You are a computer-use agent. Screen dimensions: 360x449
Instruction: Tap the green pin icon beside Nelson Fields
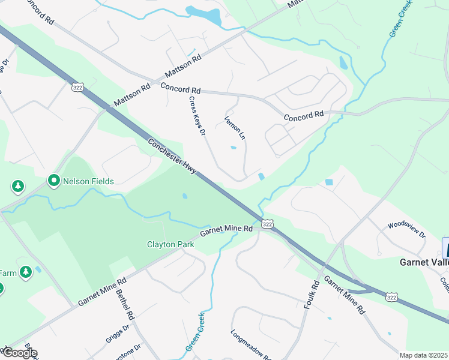pyautogui.click(x=53, y=180)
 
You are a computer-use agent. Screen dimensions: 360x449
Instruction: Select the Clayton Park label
pyautogui.click(x=170, y=244)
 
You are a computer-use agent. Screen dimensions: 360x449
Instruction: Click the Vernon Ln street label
pyautogui.click(x=235, y=127)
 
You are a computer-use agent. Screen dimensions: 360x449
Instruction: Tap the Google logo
pyautogui.click(x=19, y=353)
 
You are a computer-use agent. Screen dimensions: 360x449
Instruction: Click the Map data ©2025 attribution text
pyautogui.click(x=424, y=355)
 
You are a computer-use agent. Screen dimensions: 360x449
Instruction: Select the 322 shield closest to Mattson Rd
pyautogui.click(x=77, y=88)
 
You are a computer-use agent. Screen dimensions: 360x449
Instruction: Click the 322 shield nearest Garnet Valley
pyautogui.click(x=391, y=297)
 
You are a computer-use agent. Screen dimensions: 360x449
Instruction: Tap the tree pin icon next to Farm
pyautogui.click(x=25, y=273)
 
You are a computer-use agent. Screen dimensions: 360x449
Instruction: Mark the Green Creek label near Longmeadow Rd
pyautogui.click(x=195, y=332)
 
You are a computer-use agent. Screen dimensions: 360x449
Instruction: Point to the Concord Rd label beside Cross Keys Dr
pyautogui.click(x=180, y=88)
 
